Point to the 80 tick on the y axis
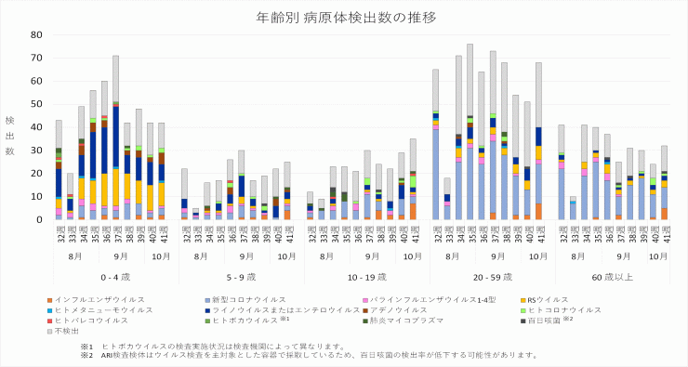coord(37,34)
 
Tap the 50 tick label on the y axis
coord(37,104)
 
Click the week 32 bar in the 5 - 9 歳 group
coord(184,194)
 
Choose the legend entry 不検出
coord(69,330)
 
